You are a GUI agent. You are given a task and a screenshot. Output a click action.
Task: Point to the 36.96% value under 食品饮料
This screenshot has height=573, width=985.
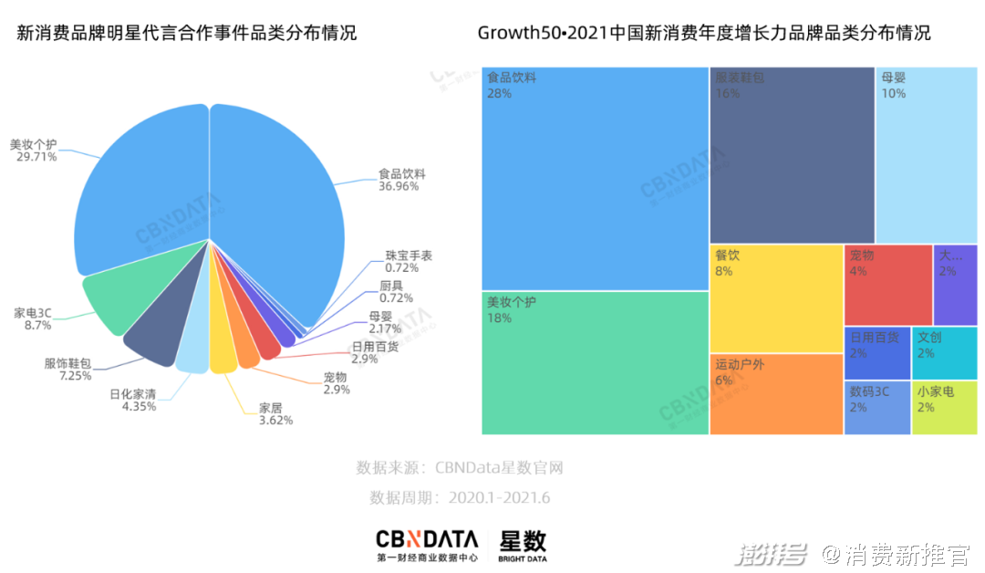point(399,186)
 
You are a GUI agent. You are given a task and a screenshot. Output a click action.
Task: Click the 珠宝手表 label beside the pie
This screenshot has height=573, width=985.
point(408,255)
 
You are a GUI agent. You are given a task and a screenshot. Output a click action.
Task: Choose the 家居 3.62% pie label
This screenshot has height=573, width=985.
point(270,407)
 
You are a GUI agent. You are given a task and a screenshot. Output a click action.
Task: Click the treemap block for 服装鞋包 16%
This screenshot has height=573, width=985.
point(792,155)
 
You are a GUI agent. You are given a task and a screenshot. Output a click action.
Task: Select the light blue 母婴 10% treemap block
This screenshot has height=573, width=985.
point(926,155)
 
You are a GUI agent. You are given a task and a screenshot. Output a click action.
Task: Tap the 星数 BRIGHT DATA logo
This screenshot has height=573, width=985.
point(523,545)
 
